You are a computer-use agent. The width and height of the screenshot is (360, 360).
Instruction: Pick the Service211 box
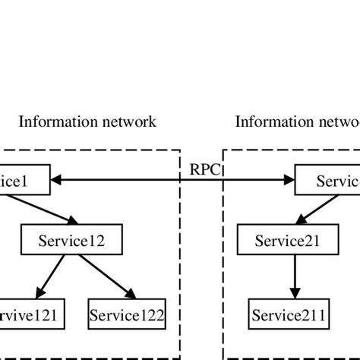tap(290, 313)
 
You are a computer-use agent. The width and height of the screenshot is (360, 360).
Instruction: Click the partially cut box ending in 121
tap(31, 313)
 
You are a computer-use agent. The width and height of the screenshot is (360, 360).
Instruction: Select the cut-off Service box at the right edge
tap(327, 181)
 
